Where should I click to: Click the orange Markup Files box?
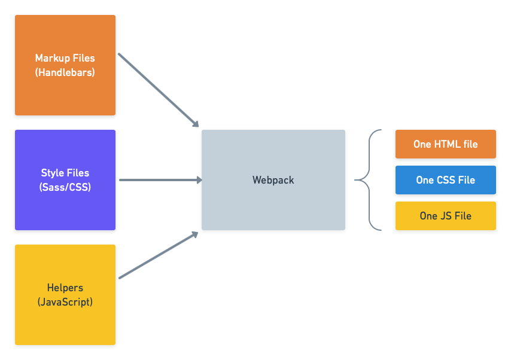tap(65, 66)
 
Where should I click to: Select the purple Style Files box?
tap(65, 180)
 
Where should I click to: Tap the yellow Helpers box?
tap(65, 295)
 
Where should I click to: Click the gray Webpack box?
tap(273, 180)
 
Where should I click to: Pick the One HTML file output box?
tap(445, 144)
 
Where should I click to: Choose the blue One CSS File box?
tap(445, 180)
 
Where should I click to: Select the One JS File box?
tap(445, 216)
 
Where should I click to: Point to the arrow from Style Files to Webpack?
tap(159, 179)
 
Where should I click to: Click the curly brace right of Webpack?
tap(367, 179)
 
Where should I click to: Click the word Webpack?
tap(273, 180)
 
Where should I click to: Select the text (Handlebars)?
tap(65, 72)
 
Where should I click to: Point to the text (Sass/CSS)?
tap(65, 187)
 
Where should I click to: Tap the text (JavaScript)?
tap(65, 302)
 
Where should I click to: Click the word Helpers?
tap(65, 288)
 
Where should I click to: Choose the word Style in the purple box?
tap(52, 173)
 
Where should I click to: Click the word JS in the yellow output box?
tap(446, 216)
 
